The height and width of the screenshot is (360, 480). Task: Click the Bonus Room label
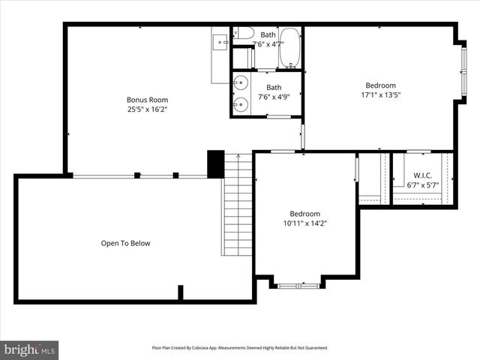(x=147, y=100)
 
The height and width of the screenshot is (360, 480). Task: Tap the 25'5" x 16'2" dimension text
(x=147, y=109)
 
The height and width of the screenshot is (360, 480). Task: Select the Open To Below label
(x=126, y=243)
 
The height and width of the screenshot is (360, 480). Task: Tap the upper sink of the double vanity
(x=240, y=83)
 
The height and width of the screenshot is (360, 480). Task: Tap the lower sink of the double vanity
(x=240, y=104)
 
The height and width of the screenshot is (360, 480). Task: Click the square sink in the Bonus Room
(x=221, y=42)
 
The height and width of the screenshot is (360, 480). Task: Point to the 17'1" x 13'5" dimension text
(x=380, y=95)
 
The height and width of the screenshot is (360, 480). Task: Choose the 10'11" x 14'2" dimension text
(x=305, y=223)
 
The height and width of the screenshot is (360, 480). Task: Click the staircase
(x=237, y=204)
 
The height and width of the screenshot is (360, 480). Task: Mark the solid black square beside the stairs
(x=215, y=165)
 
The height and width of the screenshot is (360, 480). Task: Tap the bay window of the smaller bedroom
(x=298, y=285)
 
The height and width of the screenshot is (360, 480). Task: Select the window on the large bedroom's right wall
(x=463, y=70)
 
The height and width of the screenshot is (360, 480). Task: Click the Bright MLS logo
(x=30, y=349)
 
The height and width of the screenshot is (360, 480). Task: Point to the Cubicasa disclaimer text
(x=240, y=348)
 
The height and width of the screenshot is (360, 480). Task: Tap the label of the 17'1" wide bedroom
(x=380, y=85)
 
